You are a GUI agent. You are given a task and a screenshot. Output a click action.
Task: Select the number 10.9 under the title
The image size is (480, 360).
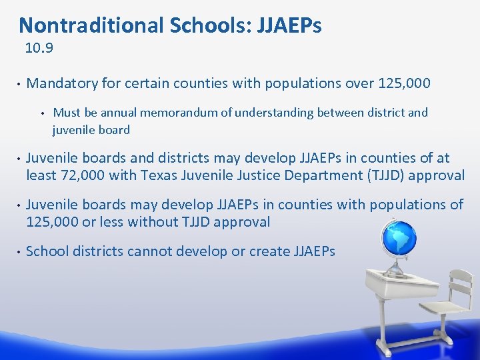tap(39, 48)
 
